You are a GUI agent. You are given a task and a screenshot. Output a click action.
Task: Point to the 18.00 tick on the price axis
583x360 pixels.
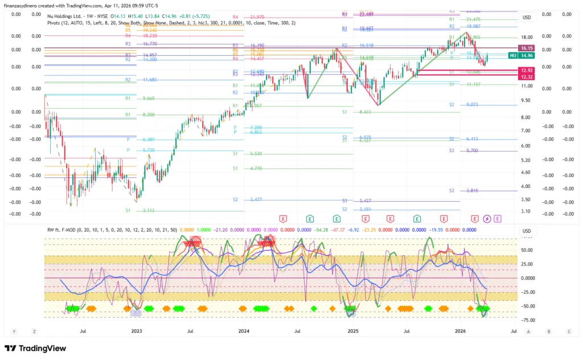(x=526, y=37)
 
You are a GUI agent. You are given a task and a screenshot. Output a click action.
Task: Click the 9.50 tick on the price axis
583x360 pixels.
(x=526, y=100)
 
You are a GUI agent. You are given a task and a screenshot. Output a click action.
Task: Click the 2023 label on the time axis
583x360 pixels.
(x=136, y=330)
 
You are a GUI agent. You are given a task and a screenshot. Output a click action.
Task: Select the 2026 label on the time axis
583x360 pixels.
(x=461, y=330)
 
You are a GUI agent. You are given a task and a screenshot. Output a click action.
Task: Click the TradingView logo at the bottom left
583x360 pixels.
(x=35, y=348)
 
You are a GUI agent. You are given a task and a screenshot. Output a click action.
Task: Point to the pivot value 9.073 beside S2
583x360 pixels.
(x=472, y=105)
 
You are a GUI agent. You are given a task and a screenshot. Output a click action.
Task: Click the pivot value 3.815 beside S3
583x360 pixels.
(x=472, y=191)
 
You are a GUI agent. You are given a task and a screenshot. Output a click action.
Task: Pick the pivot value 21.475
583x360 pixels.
(x=474, y=19)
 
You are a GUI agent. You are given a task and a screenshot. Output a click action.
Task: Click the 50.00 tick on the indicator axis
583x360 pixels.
(x=527, y=249)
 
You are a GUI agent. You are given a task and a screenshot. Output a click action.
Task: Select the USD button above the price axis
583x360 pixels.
(x=526, y=17)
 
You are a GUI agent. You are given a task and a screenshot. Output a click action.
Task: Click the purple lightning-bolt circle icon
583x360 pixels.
(x=487, y=218)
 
